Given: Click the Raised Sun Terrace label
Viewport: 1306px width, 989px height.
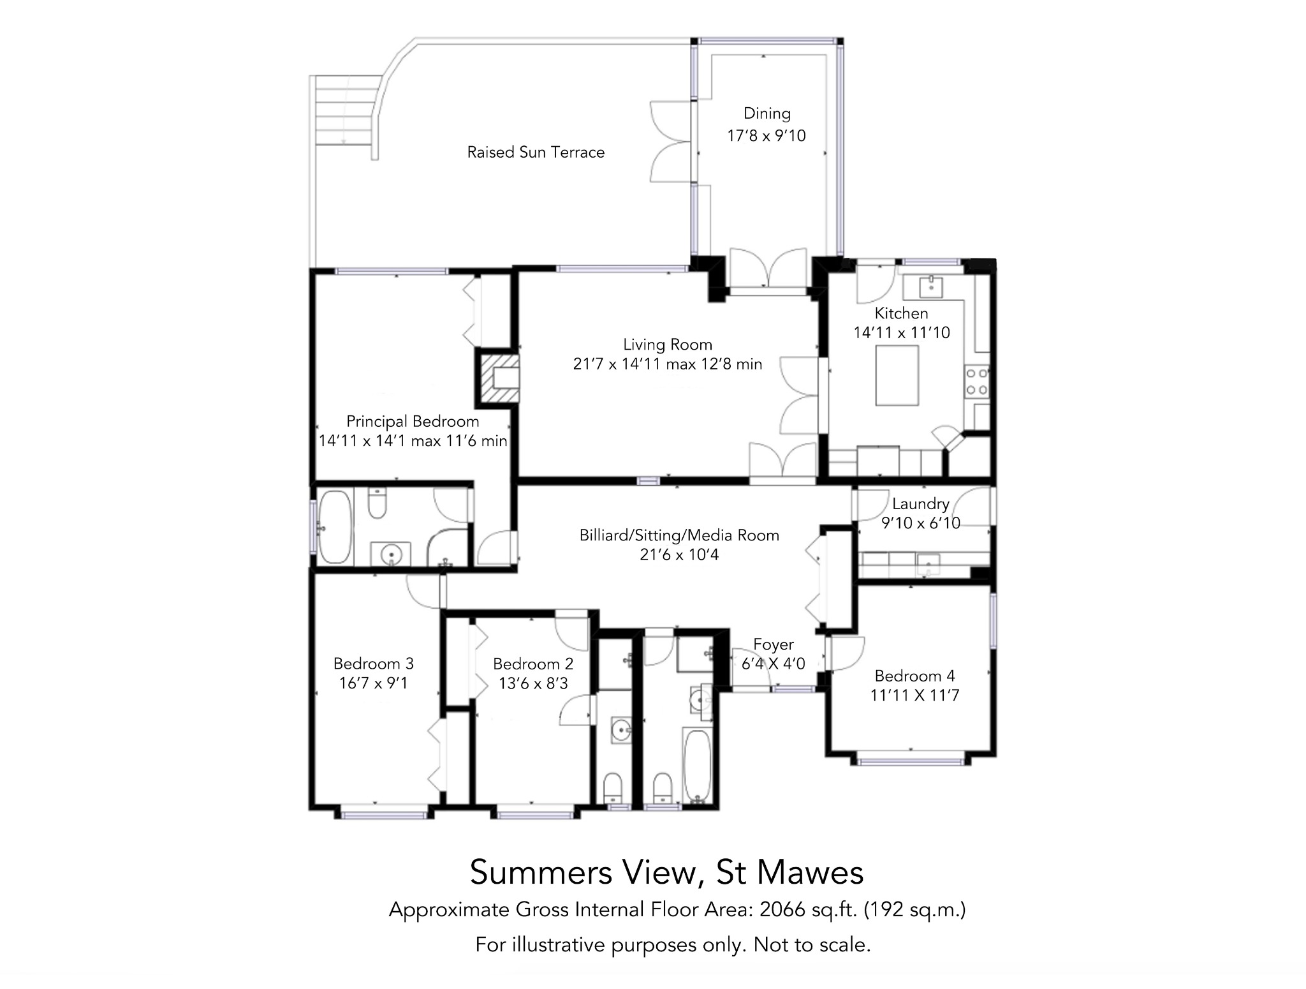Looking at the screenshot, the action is (x=536, y=152).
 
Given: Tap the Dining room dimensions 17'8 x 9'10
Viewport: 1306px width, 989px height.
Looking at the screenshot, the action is (x=767, y=136).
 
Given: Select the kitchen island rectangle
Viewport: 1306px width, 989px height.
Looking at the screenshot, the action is (x=897, y=375).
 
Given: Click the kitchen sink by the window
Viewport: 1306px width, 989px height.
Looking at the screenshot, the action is (x=933, y=287).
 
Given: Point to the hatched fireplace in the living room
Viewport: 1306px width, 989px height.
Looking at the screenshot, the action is (x=497, y=379).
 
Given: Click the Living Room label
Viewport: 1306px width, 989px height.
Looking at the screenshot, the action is (x=668, y=345).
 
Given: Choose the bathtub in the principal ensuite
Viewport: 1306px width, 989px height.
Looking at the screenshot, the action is (x=334, y=526).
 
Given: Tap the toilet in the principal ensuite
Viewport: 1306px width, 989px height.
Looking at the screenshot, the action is (x=378, y=503).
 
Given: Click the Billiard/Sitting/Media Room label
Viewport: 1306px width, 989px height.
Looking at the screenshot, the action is (x=679, y=535).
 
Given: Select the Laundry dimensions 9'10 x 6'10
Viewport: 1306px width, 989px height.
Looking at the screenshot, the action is (x=921, y=523).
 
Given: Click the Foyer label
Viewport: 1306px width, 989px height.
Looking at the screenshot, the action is (x=774, y=644).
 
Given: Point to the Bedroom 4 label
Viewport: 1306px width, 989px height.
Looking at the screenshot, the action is (x=914, y=676).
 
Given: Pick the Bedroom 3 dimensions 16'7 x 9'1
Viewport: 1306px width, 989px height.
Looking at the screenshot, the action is (x=374, y=683).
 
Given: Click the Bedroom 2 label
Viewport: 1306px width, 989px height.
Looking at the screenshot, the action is (x=533, y=664).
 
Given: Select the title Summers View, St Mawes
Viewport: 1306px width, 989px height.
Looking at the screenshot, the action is (x=666, y=872).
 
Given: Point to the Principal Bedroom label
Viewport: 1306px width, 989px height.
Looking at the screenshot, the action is (x=413, y=422).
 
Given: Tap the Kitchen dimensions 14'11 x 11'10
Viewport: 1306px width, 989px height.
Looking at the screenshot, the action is (x=902, y=332).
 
